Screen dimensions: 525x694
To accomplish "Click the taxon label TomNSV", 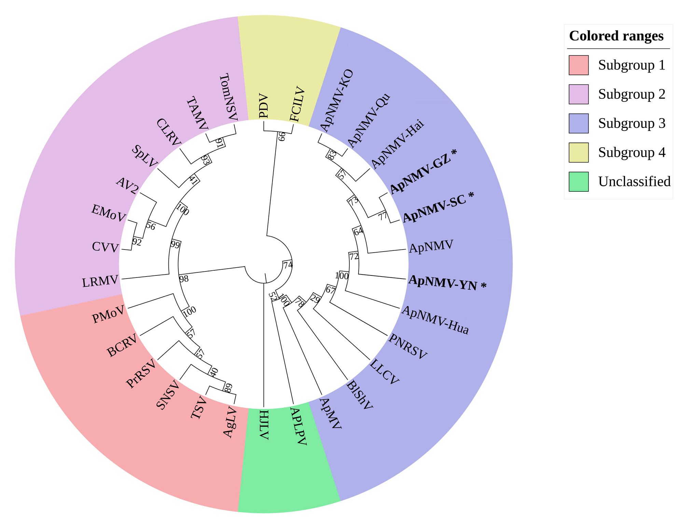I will click(228, 97).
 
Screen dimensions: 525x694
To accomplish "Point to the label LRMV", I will click(100, 282).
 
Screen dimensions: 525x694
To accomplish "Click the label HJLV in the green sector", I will click(264, 425).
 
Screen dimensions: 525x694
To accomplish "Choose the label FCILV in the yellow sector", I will click(297, 104).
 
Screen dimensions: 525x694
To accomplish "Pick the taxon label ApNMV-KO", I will click(336, 100).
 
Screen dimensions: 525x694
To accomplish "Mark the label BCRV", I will click(122, 346).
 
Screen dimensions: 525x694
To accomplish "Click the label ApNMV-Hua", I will click(435, 320).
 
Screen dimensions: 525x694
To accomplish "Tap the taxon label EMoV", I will click(108, 213).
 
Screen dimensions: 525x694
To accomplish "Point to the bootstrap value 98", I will click(184, 279).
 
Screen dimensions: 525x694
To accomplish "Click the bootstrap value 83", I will click(332, 154).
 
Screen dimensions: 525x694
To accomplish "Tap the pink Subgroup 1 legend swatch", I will click(579, 65).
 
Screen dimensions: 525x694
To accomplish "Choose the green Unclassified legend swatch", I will click(579, 181).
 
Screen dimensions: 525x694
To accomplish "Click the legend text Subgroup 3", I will click(631, 123).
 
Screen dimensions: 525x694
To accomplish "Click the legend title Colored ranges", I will click(616, 36).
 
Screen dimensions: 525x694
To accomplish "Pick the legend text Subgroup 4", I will click(631, 152).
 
